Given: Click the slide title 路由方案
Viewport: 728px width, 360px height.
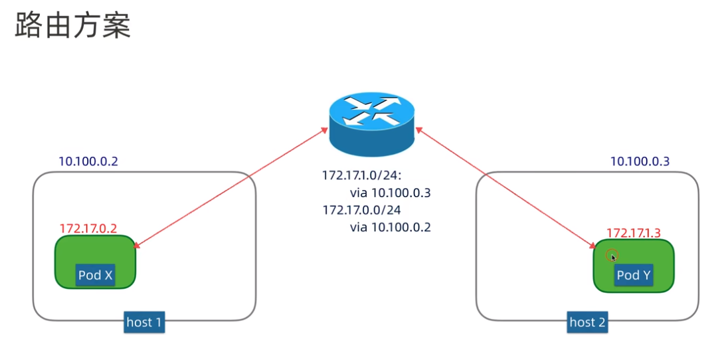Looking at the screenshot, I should click(x=72, y=26).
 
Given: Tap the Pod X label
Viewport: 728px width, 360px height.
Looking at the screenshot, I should click(x=96, y=275).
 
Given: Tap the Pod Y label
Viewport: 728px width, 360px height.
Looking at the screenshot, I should click(x=633, y=275).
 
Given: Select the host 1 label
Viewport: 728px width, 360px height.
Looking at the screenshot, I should click(x=144, y=323).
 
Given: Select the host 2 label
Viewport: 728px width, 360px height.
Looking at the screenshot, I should click(x=587, y=323).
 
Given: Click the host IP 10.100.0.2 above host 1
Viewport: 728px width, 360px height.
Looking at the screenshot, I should click(x=88, y=161).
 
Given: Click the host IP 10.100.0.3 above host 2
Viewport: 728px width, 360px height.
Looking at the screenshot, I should click(x=640, y=161).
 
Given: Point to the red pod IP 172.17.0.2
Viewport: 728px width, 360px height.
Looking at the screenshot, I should click(x=88, y=228).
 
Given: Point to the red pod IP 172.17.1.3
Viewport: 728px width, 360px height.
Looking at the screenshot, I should click(x=634, y=232).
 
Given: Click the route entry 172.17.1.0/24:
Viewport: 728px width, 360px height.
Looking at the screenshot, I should click(x=367, y=176).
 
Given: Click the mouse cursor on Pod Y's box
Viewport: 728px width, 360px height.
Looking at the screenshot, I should click(x=612, y=256).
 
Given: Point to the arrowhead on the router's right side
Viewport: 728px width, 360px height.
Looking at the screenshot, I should click(x=420, y=132).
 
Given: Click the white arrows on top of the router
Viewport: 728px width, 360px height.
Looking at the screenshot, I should click(x=371, y=110).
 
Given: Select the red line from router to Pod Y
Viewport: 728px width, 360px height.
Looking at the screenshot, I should click(x=505, y=188).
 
